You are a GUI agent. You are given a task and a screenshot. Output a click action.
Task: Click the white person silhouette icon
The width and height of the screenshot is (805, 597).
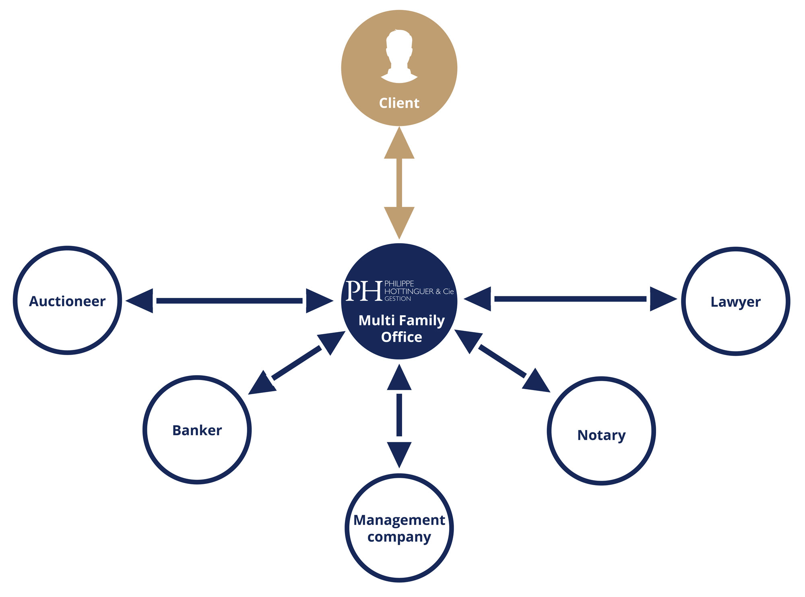pos(399,56)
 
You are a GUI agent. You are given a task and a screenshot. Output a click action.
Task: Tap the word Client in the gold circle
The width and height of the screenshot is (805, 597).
pos(399,103)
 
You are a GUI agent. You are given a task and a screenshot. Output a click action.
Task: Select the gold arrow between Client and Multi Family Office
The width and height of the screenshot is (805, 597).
pos(399,183)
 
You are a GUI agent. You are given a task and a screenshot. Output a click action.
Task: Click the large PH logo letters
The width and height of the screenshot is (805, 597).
pos(364,291)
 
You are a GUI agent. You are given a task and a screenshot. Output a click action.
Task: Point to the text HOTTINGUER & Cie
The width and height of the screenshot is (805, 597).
pos(419,291)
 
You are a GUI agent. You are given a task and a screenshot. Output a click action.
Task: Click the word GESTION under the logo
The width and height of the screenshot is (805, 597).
pos(398,299)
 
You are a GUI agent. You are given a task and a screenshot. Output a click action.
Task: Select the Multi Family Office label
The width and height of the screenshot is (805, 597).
pos(402,328)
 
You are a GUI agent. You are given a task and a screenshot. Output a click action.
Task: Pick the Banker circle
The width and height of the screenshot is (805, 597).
pos(197,377)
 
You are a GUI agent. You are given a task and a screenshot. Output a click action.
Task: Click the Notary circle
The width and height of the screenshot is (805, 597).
pos(601,378)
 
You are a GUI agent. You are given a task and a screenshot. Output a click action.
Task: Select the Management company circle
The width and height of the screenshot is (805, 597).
pos(399,475)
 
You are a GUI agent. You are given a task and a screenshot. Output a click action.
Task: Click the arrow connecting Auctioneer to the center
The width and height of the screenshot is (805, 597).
pos(229,301)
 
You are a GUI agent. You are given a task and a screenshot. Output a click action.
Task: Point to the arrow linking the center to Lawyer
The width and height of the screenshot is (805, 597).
pos(570,299)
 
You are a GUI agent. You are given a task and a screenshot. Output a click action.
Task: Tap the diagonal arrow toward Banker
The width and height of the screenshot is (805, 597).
pos(297,362)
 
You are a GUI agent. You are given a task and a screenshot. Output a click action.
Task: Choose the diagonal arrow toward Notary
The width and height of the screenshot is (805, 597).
pos(502,361)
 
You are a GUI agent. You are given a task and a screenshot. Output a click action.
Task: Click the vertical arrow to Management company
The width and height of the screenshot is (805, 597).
pos(399,416)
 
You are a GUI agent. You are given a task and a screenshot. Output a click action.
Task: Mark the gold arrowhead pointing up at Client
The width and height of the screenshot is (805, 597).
pos(399,143)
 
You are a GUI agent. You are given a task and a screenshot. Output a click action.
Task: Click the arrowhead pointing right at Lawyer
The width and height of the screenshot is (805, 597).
pos(664,299)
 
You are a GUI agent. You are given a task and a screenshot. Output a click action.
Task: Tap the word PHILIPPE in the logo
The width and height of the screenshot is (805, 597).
pos(399,283)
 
